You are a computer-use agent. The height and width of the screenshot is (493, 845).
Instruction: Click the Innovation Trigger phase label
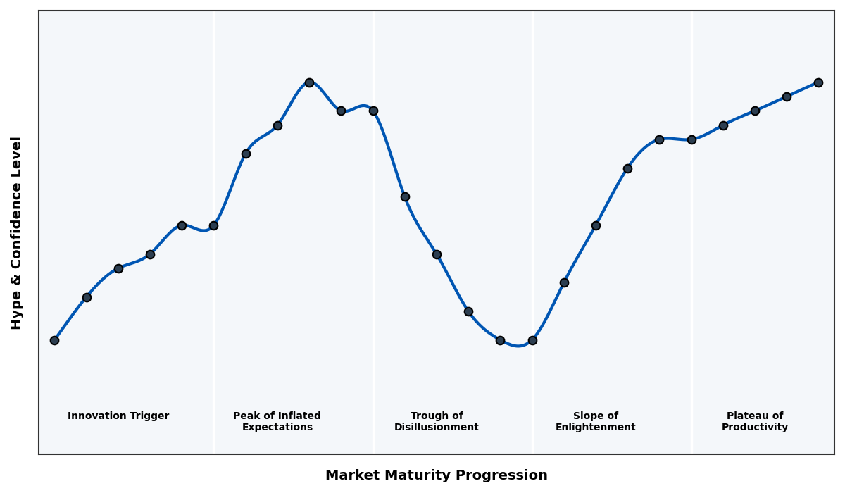[x=118, y=416]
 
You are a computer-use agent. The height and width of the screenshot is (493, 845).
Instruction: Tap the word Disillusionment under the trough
[x=436, y=428]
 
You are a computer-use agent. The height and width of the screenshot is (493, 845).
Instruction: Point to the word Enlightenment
[x=595, y=428]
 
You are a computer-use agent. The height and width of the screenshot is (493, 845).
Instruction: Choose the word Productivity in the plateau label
[x=754, y=428]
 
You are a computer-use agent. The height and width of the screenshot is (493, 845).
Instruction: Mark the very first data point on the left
[x=54, y=340]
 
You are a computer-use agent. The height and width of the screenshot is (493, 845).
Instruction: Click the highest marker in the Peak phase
[x=309, y=82]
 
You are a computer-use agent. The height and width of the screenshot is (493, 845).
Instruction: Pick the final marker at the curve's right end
[x=818, y=82]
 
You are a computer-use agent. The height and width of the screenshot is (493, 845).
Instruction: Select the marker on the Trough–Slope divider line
[x=532, y=340]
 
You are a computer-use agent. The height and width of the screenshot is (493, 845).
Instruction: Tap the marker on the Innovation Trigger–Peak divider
[x=213, y=225]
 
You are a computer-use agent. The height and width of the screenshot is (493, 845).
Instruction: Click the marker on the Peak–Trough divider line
[x=373, y=111]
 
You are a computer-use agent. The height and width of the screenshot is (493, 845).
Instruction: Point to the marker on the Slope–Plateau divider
[x=691, y=139]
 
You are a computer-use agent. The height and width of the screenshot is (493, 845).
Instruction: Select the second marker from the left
[x=87, y=297]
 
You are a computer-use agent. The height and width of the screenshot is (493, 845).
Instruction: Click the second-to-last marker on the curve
[x=787, y=96]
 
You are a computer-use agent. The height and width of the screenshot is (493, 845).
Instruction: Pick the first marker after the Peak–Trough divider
[x=405, y=196]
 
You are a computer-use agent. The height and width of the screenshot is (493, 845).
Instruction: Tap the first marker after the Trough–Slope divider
[x=564, y=282]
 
